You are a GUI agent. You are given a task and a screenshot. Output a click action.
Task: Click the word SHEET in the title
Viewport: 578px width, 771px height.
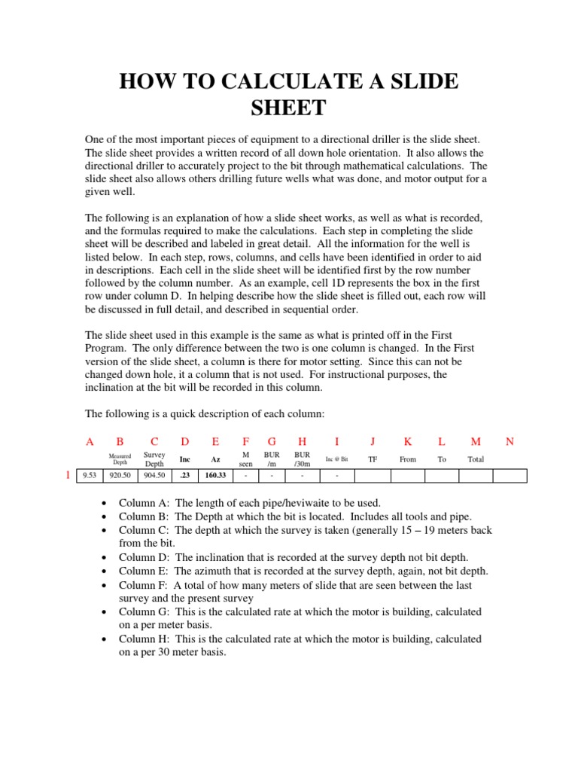tap(288, 108)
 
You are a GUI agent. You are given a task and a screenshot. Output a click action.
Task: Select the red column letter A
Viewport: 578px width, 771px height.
tap(90, 442)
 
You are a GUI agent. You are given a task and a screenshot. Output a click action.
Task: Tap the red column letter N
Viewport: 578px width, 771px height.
tap(510, 442)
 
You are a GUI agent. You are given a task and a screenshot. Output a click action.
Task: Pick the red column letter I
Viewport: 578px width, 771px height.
tap(336, 442)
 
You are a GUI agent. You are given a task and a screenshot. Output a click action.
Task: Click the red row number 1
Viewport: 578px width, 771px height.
tap(68, 475)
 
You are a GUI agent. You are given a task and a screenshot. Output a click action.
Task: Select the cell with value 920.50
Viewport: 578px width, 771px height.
tap(120, 475)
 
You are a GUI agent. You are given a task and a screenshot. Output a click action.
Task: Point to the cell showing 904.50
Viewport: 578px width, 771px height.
tap(154, 475)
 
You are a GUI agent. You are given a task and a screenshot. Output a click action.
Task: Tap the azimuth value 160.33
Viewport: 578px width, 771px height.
tap(216, 475)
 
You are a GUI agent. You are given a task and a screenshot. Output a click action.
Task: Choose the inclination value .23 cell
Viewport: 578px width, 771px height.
tap(184, 475)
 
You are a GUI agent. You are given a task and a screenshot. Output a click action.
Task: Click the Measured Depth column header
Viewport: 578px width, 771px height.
tap(120, 459)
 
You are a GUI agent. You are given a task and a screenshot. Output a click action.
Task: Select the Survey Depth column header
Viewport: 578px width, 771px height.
tap(154, 459)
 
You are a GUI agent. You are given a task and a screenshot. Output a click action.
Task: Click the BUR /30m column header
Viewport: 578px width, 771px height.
tap(302, 459)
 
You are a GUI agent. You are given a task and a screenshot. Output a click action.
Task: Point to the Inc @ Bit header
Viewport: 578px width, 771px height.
tap(336, 459)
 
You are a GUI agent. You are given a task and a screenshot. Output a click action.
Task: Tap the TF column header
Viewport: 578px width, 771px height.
tap(373, 459)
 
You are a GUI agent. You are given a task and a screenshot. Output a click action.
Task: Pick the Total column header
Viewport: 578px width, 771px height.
tap(476, 459)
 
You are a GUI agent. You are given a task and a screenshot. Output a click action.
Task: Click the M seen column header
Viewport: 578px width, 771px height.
tap(245, 459)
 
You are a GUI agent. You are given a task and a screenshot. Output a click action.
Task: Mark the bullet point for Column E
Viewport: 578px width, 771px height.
tap(103, 571)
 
